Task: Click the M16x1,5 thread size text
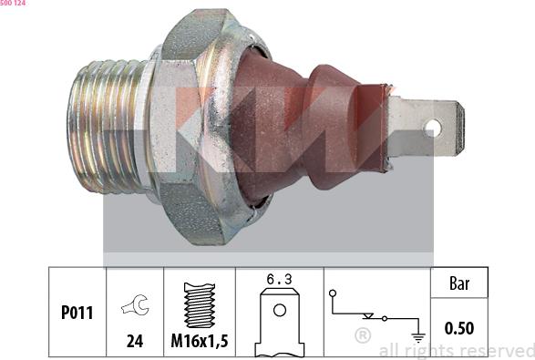[x=198, y=342]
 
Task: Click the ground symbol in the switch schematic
[x=418, y=334]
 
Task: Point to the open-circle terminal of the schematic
[x=334, y=293]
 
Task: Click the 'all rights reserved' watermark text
[x=455, y=350]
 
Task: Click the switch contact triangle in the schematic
[x=367, y=316]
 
